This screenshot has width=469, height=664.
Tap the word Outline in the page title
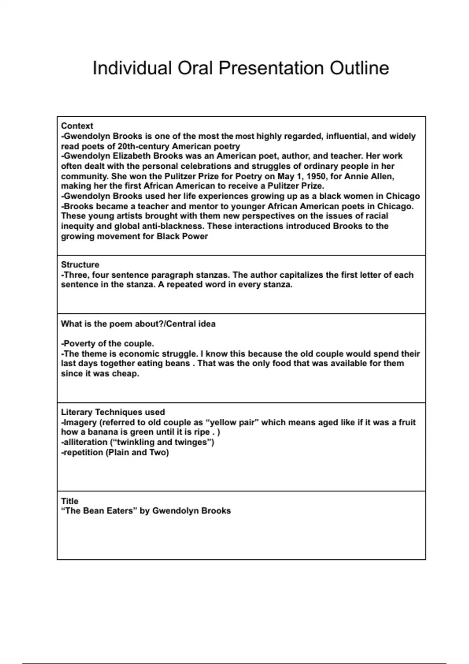pyautogui.click(x=359, y=68)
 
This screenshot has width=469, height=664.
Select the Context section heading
pyautogui.click(x=77, y=126)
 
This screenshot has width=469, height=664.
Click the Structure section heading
pyautogui.click(x=80, y=265)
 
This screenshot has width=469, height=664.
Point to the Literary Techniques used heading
pyautogui.click(x=113, y=412)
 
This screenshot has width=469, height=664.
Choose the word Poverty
pyautogui.click(x=79, y=344)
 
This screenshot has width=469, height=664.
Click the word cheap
pyautogui.click(x=127, y=374)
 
